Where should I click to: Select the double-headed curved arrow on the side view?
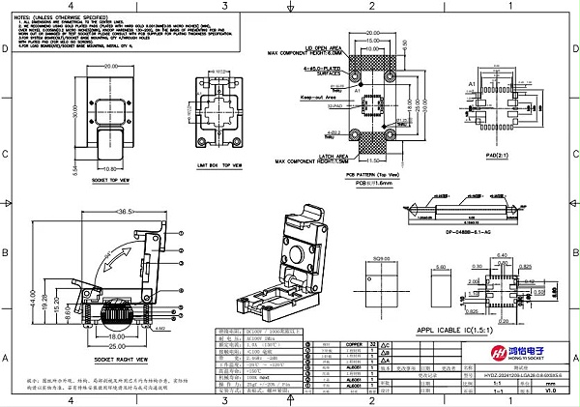(117, 259)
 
